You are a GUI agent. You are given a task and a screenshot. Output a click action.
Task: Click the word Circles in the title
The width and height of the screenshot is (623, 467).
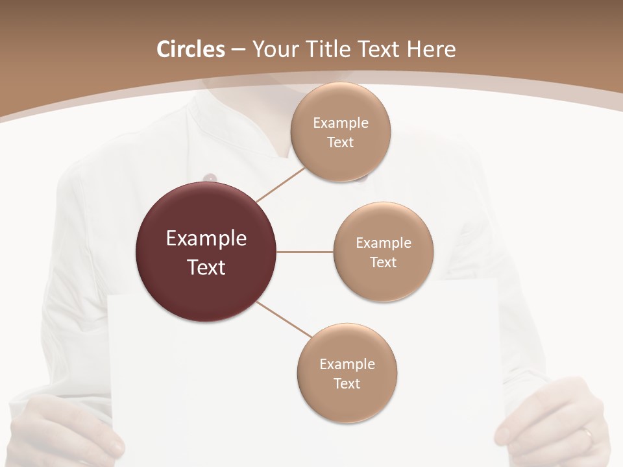(x=190, y=49)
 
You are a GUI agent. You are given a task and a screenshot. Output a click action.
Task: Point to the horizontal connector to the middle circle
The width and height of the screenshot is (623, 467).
(x=304, y=252)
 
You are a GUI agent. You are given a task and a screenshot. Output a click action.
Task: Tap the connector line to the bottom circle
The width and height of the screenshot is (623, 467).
(x=284, y=320)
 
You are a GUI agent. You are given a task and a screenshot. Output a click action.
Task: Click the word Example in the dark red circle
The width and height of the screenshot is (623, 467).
(x=206, y=239)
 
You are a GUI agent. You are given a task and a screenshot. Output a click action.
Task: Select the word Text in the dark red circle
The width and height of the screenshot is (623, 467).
(x=206, y=267)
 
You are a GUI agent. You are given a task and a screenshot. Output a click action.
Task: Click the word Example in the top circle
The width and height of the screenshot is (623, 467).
(x=340, y=123)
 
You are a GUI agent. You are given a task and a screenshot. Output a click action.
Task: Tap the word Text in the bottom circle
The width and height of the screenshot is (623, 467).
(x=347, y=383)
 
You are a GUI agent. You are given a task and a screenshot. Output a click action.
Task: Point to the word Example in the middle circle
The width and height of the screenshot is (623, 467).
(x=383, y=243)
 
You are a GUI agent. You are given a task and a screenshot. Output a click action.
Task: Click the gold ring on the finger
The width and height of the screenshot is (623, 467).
(x=587, y=434)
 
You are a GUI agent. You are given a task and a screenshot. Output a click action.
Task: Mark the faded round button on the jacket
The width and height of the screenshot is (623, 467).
(x=209, y=177)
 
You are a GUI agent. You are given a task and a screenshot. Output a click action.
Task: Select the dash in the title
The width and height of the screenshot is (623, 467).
(x=238, y=49)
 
